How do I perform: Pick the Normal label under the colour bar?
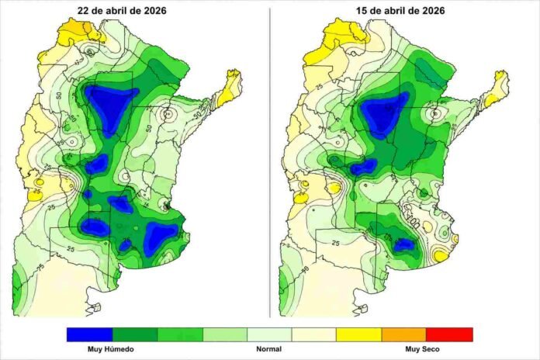[x=269, y=349]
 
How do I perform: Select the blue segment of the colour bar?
[x=89, y=334]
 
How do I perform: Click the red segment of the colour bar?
[x=450, y=334]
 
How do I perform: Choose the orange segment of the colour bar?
[x=405, y=334]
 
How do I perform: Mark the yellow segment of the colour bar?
[x=359, y=334]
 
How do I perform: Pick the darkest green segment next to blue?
[x=134, y=334]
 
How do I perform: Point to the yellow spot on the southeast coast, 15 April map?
[x=441, y=255]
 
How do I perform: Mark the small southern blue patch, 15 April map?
[x=403, y=244]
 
